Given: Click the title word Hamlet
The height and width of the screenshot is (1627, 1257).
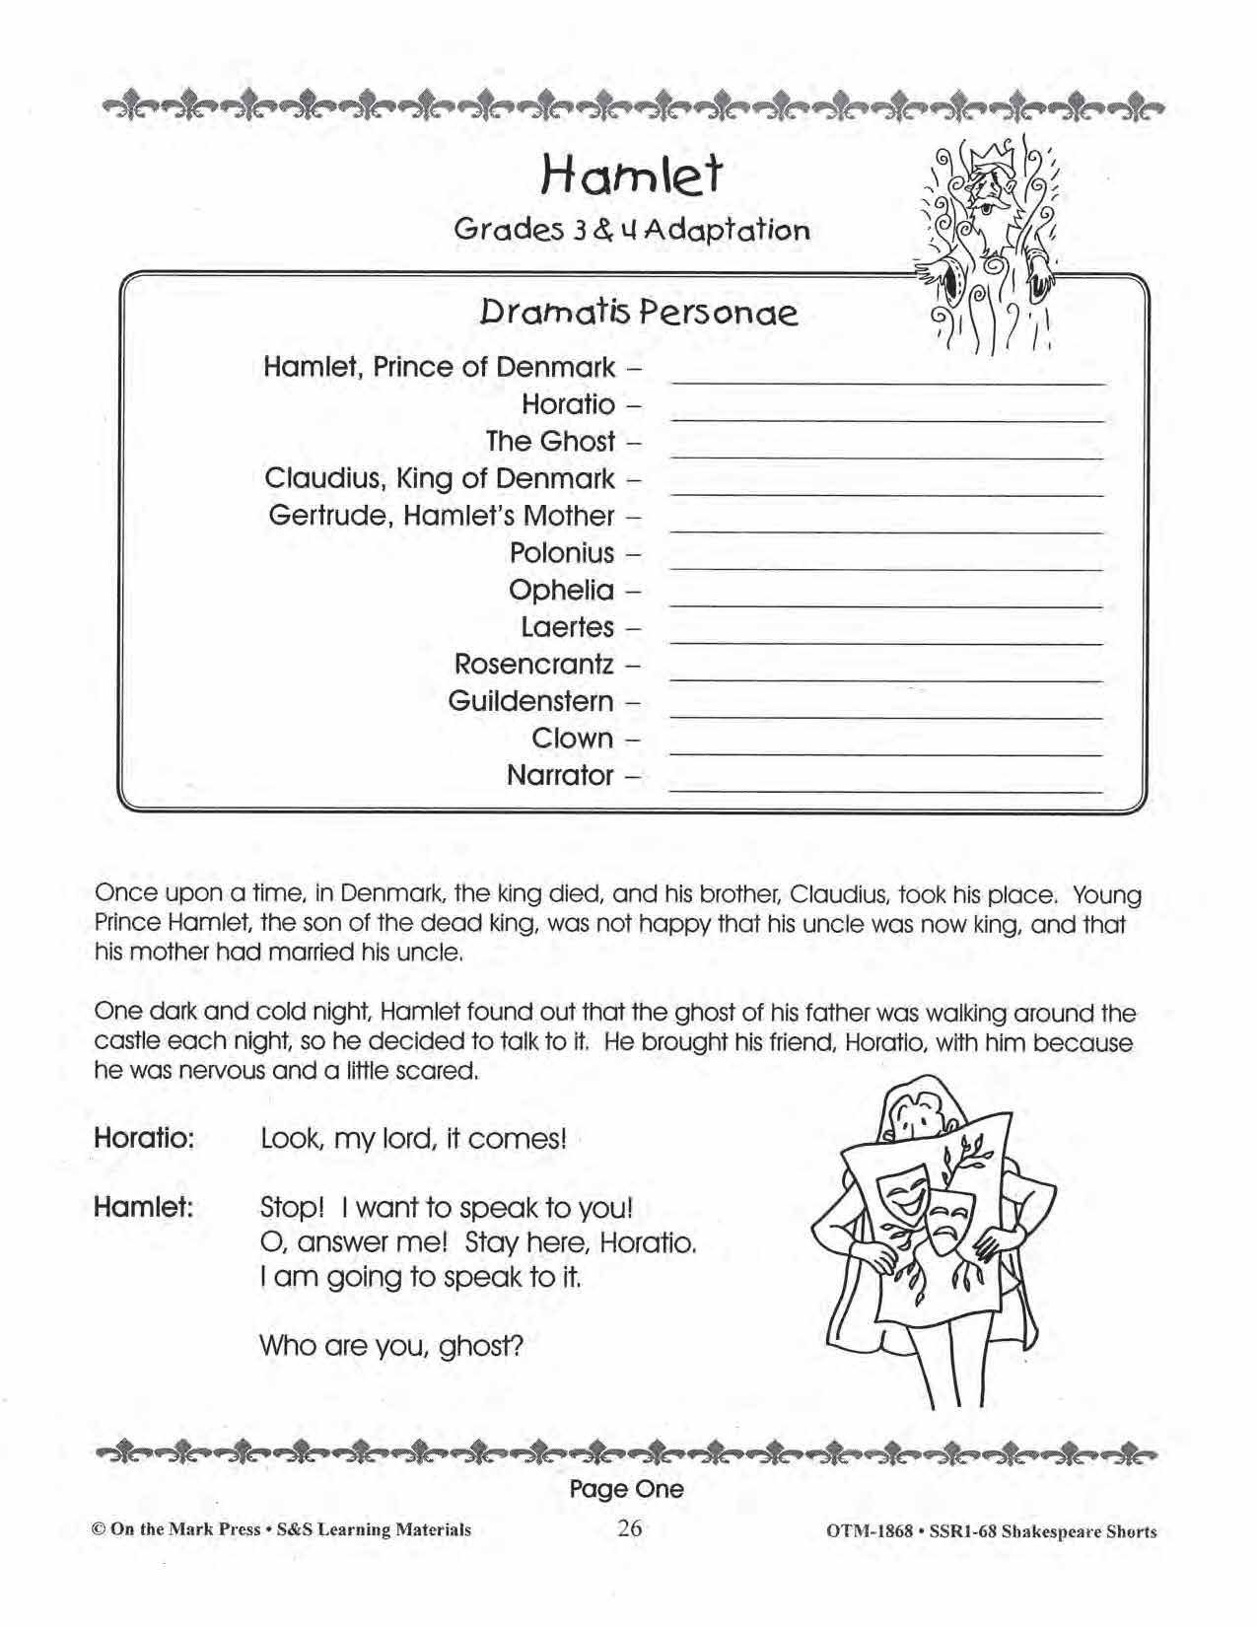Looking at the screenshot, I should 631,177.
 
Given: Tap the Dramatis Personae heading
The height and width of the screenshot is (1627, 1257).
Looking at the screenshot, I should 638,313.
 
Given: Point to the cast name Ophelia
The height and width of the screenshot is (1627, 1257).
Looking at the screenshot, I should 560,590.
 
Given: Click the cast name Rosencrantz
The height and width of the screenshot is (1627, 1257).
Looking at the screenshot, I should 533,664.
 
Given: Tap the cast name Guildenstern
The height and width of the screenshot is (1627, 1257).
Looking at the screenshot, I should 529,701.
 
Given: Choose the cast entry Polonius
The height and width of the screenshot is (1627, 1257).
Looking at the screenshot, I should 561,553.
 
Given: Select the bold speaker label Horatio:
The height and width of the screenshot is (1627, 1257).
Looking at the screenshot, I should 144,1137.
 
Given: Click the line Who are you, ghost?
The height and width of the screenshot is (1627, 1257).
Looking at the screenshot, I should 390,1345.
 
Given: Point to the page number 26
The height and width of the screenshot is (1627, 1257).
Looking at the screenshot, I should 629,1528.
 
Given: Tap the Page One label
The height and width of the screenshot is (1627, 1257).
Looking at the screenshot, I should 626,1488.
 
